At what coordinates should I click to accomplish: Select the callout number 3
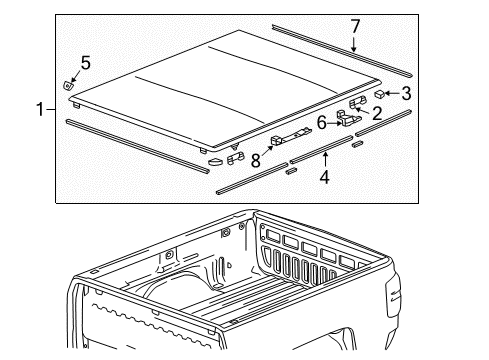pos(405,94)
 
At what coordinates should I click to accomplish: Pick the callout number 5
pos(85,63)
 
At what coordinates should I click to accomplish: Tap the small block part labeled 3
pos(380,94)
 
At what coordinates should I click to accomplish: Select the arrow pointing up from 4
pos(324,160)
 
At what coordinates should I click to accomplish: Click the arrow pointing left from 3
pos(392,94)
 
